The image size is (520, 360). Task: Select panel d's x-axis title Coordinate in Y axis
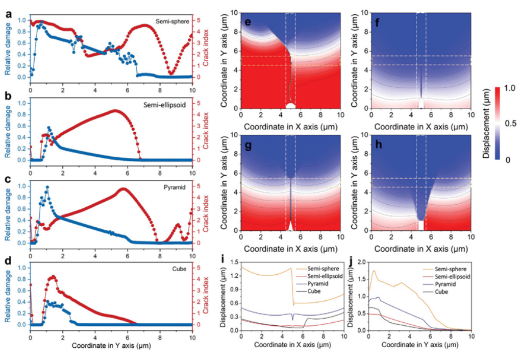(x=111, y=346)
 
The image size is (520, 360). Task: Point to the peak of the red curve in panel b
(x=115, y=110)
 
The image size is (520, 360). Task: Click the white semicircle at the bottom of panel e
(x=291, y=106)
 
